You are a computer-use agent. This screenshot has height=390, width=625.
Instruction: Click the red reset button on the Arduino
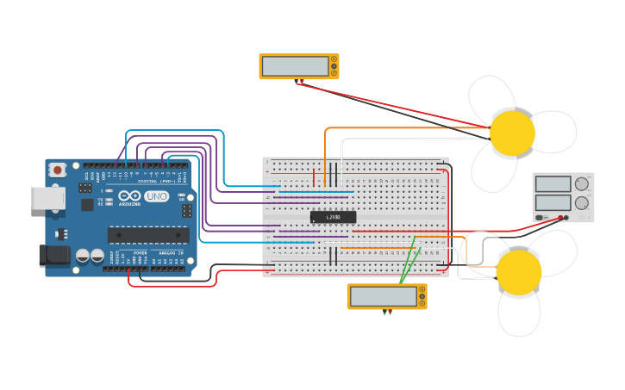58,170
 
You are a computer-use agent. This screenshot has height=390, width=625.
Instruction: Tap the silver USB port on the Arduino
47,198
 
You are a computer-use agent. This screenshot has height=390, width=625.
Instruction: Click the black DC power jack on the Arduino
53,256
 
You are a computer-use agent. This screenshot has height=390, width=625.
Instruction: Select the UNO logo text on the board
156,196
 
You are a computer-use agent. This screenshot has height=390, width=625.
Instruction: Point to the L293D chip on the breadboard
333,217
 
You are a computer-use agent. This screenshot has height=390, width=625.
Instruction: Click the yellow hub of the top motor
512,133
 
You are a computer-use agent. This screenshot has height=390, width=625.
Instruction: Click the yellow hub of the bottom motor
519,272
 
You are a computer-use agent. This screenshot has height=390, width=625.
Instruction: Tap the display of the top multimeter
295,66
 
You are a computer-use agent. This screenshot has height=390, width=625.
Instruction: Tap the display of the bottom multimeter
383,296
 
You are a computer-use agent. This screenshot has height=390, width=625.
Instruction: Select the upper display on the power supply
553,184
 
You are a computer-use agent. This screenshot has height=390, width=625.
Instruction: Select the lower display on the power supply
553,203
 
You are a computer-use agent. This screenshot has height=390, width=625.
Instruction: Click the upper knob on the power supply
582,183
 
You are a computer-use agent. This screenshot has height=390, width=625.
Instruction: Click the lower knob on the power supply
582,203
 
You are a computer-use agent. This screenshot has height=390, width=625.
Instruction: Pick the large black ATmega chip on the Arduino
147,234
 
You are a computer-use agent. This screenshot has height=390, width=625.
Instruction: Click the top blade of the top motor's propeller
491,94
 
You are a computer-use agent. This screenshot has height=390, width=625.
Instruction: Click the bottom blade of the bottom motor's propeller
519,315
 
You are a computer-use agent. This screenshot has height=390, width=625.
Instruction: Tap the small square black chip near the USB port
87,205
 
